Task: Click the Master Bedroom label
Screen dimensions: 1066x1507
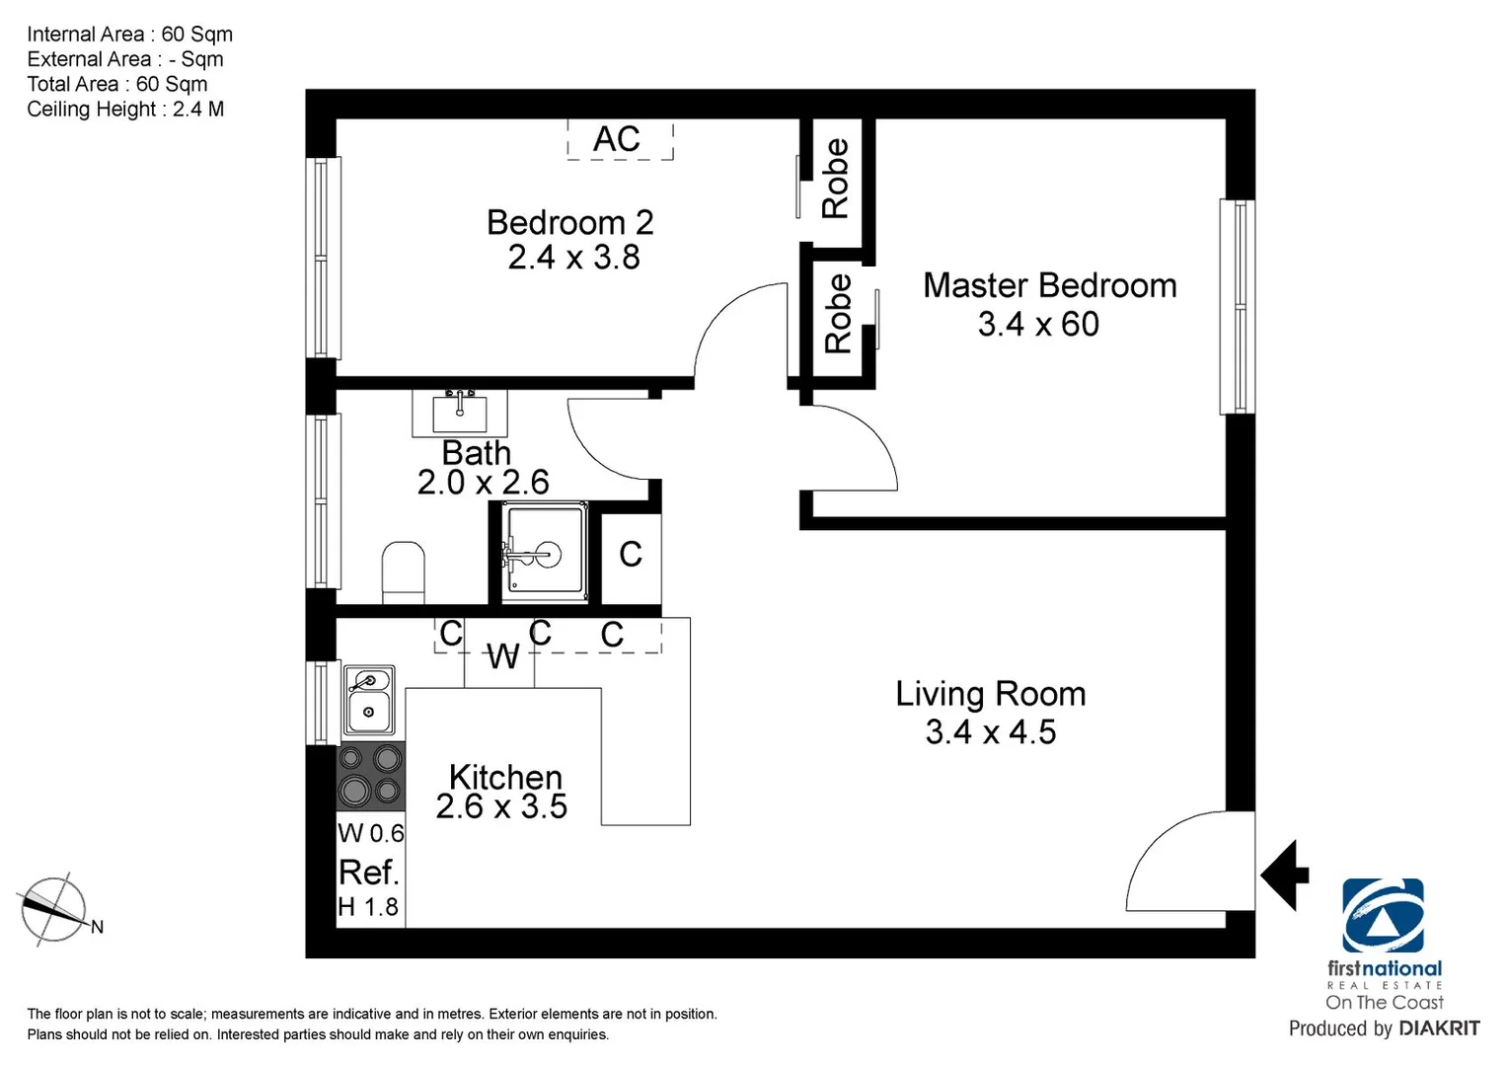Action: [1049, 286]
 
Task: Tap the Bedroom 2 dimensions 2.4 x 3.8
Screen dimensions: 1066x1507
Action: [573, 258]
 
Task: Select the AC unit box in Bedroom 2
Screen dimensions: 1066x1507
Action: [620, 139]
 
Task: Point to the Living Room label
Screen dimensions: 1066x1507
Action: [990, 694]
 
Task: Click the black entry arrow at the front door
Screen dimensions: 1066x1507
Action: [1284, 875]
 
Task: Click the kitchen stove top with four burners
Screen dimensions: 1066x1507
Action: [371, 776]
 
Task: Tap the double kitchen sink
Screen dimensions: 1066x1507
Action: [368, 699]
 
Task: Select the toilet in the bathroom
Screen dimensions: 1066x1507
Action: [403, 571]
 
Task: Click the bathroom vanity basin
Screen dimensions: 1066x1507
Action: [459, 412]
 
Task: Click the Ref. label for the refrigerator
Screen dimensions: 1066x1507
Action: [368, 873]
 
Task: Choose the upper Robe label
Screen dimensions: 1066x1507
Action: [835, 178]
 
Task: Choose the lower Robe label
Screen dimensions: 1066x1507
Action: [837, 314]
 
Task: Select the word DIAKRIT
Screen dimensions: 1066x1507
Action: [1438, 1028]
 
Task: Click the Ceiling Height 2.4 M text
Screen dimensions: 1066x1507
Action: [125, 110]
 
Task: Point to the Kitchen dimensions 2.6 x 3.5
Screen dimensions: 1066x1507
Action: [501, 807]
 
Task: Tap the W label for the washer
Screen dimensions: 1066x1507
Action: [502, 656]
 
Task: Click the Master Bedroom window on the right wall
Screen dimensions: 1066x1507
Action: [1238, 306]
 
